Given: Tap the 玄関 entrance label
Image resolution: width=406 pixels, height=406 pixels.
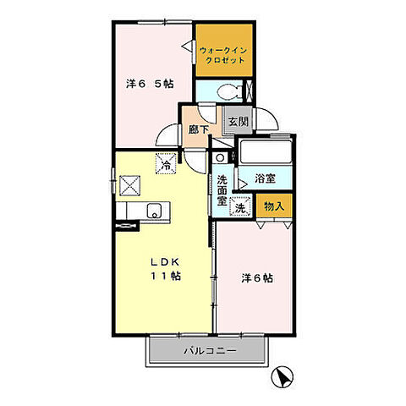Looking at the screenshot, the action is pos(239,122).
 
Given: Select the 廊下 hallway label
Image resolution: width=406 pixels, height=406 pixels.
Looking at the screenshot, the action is pos(199,129).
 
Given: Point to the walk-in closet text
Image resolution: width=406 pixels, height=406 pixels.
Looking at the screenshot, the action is pos(223,55).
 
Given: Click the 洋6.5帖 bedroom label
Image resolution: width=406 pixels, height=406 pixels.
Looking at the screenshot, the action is pos(150,84).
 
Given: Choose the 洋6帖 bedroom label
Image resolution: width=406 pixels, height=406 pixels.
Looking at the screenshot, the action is pos(257,278).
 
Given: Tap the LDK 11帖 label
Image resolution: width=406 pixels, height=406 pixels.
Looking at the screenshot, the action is pos(166,269).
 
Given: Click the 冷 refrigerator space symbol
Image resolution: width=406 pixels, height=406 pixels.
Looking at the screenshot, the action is pos(166,163).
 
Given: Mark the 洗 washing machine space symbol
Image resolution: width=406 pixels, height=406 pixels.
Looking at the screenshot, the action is pos(240,206).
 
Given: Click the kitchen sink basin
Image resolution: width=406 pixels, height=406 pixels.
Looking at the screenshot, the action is pos(154,211).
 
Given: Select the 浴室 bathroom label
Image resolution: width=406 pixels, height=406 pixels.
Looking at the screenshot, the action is pos(265,178).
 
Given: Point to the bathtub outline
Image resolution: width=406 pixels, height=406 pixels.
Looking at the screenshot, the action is pos(266,151).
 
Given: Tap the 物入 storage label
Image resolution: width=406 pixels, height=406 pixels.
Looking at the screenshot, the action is pos(274,206).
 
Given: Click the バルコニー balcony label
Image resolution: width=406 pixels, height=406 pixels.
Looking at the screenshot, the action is pos(210,351).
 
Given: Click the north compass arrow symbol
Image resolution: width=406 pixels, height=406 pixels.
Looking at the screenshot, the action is pos(283,376).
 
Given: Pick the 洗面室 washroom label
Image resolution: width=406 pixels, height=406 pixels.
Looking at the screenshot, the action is pos(222,190).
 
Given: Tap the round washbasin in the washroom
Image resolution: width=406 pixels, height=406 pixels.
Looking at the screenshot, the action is pos(220,157).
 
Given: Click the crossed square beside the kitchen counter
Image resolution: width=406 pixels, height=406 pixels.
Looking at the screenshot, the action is pos(129,185).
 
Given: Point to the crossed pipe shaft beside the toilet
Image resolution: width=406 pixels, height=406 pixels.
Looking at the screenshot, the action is pos(250,91).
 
